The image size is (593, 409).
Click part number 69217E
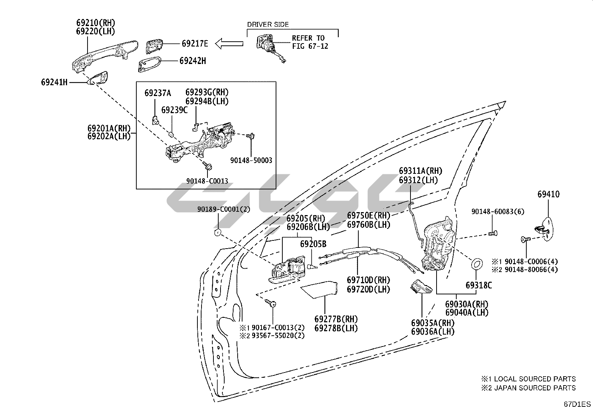(x=195, y=44)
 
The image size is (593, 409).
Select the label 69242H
(x=192, y=61)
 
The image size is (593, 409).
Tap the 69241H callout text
(x=54, y=82)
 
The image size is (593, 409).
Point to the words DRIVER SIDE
(x=268, y=25)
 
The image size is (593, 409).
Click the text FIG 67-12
(x=310, y=47)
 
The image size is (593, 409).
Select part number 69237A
(x=158, y=93)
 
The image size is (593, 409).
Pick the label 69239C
(x=174, y=110)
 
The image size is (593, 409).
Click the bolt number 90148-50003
(x=251, y=160)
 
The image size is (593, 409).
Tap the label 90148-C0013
(x=207, y=181)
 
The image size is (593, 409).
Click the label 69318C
(x=478, y=285)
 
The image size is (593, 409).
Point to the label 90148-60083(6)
(x=498, y=211)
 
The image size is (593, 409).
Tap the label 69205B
(x=313, y=244)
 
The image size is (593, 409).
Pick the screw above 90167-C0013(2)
(x=272, y=303)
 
